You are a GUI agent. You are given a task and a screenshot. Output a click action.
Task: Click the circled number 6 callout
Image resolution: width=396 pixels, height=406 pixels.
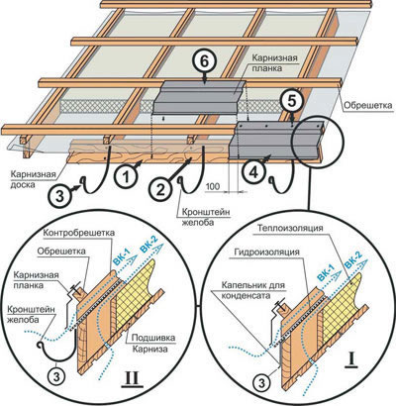point(204,62)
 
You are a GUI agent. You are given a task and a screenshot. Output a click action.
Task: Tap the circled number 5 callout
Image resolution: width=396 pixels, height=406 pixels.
point(291,101)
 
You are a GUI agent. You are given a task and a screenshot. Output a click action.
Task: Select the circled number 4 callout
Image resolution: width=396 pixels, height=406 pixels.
point(252,172)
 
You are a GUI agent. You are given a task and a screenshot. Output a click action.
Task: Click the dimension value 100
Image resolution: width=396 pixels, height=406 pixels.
point(213,186)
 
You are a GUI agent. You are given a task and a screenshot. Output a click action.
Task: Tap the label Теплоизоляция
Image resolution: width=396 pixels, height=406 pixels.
point(290,228)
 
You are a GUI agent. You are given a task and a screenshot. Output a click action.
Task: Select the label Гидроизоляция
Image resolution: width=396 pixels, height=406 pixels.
point(267,253)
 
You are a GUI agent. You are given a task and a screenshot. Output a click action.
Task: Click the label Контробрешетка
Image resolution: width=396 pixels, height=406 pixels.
point(79,233)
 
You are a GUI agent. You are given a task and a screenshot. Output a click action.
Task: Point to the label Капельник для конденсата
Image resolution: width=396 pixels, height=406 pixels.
point(252,289)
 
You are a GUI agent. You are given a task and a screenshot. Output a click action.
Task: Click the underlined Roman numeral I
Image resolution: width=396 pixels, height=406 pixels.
point(351,360)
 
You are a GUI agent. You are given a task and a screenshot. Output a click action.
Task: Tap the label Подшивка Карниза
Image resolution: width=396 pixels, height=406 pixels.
point(153,344)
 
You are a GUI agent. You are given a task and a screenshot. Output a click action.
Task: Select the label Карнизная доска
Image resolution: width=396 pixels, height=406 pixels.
point(33,179)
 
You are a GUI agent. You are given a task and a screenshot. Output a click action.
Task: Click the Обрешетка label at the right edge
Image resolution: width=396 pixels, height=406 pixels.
point(368,105)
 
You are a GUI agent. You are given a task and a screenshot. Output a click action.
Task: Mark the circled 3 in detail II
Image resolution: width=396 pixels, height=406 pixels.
point(56,376)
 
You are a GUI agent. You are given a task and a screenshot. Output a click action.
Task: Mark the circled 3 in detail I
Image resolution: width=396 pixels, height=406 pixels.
point(261,383)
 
